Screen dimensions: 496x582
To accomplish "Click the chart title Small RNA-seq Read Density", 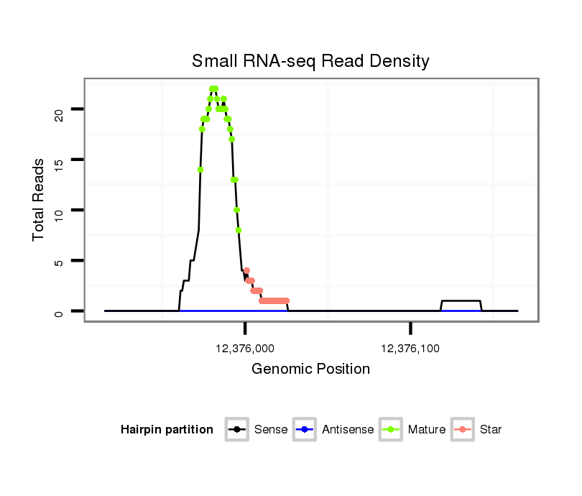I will (310, 61).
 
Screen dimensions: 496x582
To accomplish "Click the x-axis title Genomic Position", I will (310, 369).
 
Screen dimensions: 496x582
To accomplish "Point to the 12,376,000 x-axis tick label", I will (245, 349).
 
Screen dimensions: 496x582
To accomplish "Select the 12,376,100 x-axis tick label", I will (410, 349).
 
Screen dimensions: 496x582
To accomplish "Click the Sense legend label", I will (271, 430).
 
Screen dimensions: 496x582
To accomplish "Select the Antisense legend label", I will (348, 430).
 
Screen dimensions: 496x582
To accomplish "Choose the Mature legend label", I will (426, 430).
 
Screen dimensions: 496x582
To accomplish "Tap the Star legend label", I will (491, 430).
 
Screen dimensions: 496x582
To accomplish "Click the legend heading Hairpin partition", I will (167, 430).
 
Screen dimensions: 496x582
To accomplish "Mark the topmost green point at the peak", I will (213, 88).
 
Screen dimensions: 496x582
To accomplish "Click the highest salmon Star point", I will (246, 270).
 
